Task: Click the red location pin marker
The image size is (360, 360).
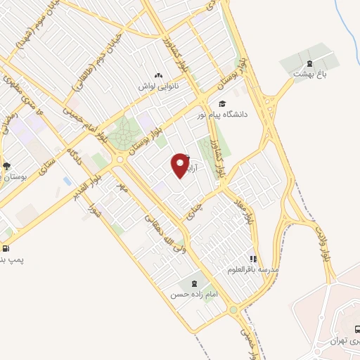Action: coord(181,166)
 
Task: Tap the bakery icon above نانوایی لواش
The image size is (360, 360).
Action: coord(158,76)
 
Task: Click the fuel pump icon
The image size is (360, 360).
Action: coord(6,248)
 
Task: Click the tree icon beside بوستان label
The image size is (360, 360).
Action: coord(6,166)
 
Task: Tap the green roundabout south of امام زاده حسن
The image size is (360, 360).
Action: coord(233,310)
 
